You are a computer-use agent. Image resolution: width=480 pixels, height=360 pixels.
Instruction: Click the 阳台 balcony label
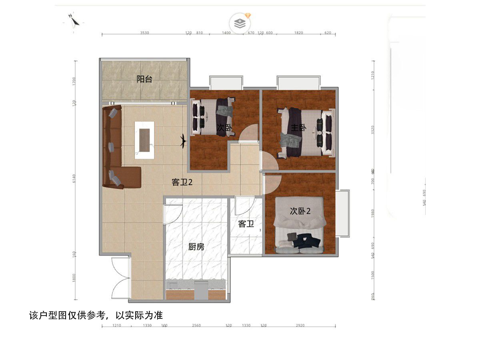click(144, 79)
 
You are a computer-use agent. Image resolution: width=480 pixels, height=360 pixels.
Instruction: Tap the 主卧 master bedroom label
click(298, 128)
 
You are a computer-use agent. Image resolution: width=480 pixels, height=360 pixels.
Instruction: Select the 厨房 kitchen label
click(196, 247)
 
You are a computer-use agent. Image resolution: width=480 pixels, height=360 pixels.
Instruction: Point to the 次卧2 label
click(300, 211)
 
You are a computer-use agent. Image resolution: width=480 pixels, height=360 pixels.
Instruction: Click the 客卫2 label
click(182, 182)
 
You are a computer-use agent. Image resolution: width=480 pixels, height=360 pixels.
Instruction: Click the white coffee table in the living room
click(144, 140)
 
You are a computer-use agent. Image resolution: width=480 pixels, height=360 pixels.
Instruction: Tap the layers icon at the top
click(240, 22)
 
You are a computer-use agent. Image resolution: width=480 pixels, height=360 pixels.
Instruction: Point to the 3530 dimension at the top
click(144, 33)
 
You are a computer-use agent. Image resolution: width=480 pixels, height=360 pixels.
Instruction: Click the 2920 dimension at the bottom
click(300, 326)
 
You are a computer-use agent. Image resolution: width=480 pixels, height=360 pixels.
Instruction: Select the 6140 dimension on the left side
click(75, 181)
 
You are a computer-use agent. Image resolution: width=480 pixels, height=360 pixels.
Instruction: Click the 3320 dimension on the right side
click(373, 130)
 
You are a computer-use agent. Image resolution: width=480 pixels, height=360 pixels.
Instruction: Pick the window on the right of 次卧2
click(342, 213)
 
